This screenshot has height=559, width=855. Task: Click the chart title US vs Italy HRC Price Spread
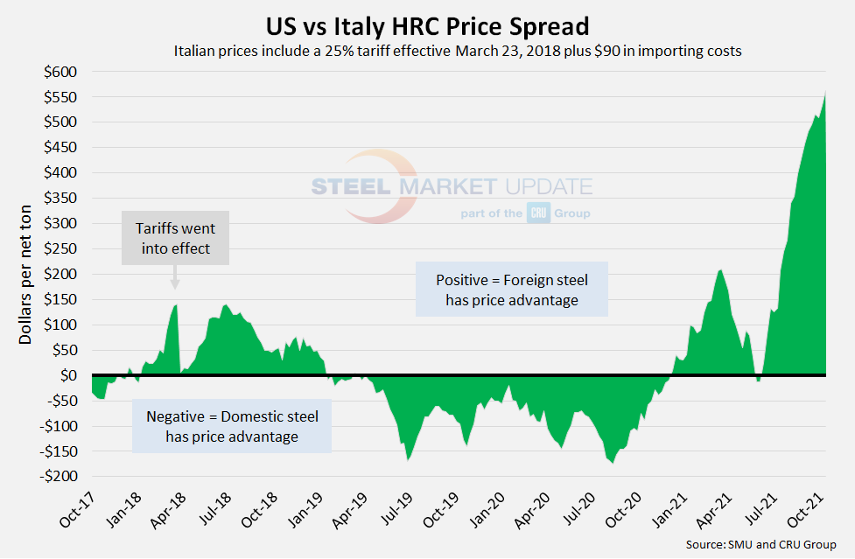[x=428, y=24]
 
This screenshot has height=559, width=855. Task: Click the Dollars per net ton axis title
[x=25, y=275]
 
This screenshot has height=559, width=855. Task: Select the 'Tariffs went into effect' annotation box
[x=175, y=239]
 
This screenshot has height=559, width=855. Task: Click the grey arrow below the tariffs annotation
[x=175, y=279]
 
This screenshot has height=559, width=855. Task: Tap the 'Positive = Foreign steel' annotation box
[x=511, y=290]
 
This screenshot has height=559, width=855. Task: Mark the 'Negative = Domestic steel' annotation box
[x=232, y=426]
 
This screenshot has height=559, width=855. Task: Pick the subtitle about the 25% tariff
[x=458, y=51]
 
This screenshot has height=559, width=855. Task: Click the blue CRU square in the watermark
[x=538, y=213]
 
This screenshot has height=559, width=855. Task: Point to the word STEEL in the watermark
[x=353, y=186]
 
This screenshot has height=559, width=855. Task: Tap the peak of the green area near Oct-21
[x=825, y=92]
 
